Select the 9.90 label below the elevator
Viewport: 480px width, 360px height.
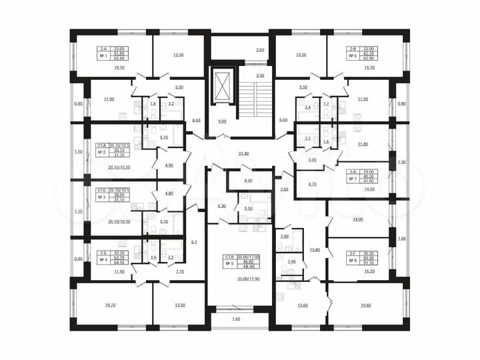[x=223, y=121]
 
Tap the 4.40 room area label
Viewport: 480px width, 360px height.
[x=248, y=181]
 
